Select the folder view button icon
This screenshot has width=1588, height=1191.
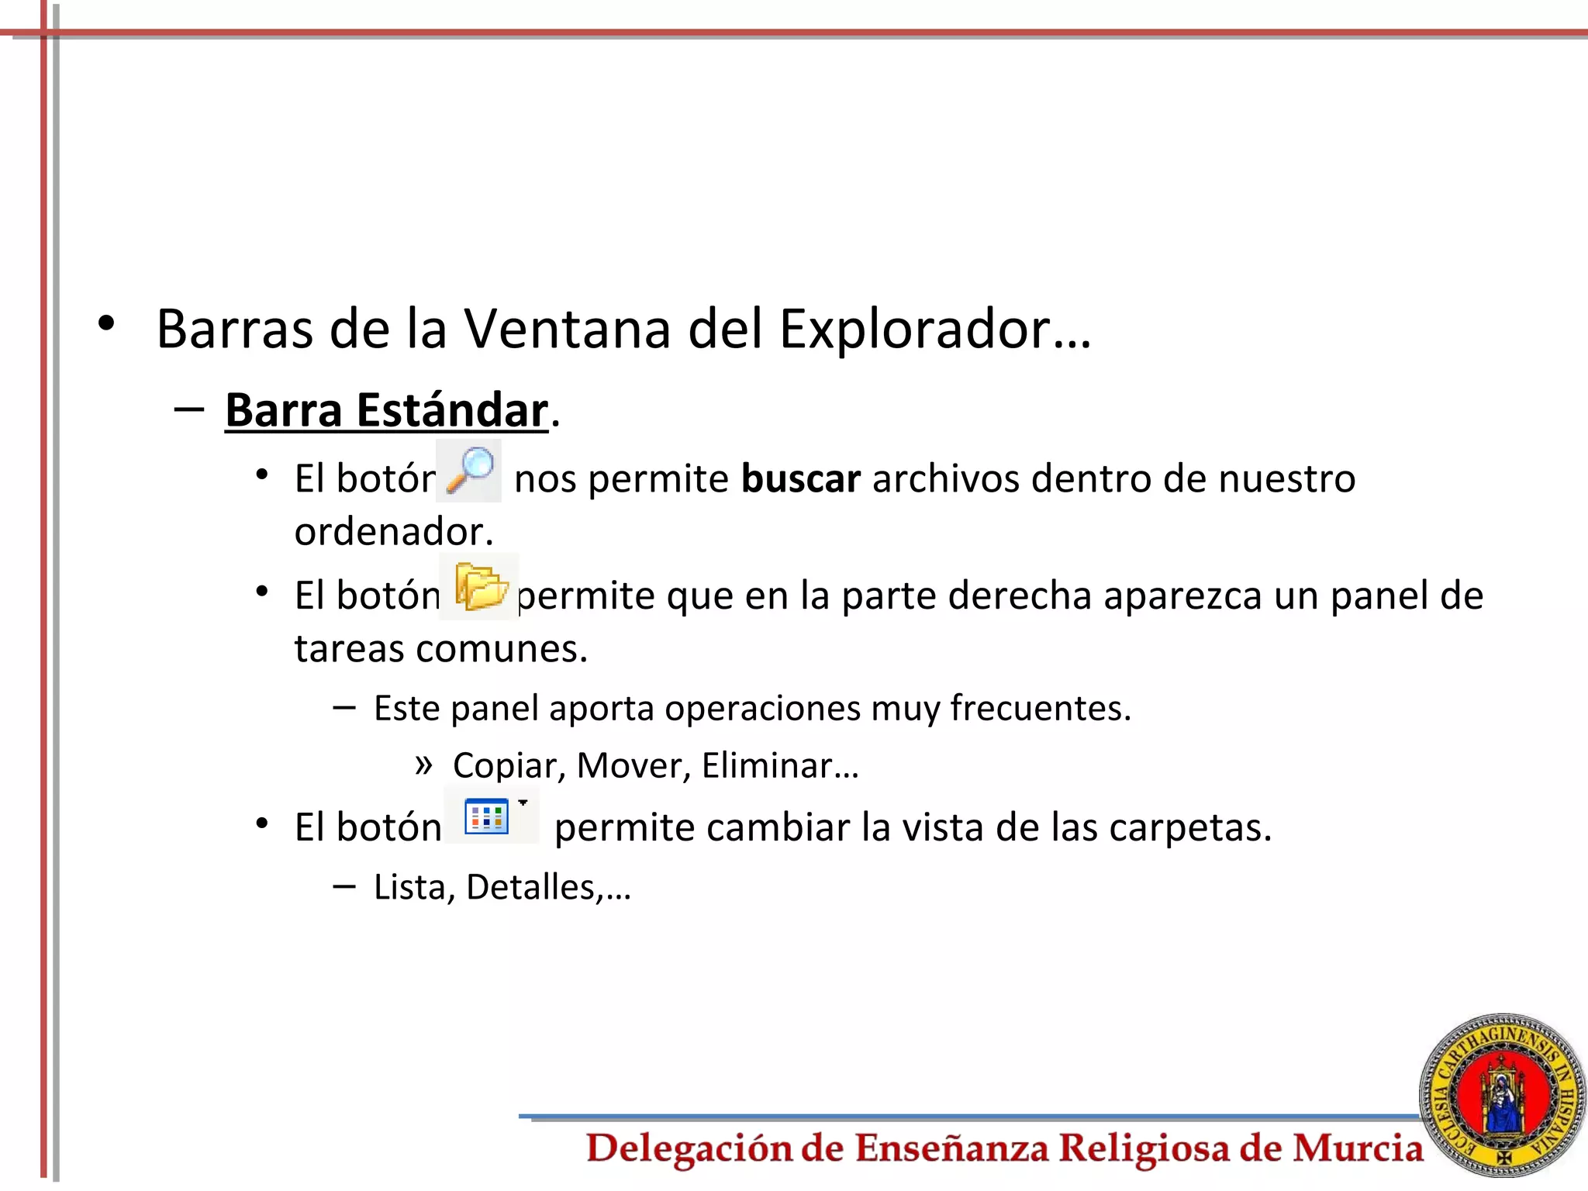pos(488,816)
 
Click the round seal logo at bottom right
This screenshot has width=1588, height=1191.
pos(1502,1095)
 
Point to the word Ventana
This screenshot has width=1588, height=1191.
pos(567,330)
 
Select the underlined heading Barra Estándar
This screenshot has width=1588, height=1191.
pos(386,410)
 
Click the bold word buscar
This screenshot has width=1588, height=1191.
pos(800,478)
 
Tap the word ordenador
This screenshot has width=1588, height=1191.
pos(393,532)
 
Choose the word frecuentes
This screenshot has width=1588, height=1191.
pos(1040,708)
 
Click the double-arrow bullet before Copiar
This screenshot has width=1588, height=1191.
pos(423,765)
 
